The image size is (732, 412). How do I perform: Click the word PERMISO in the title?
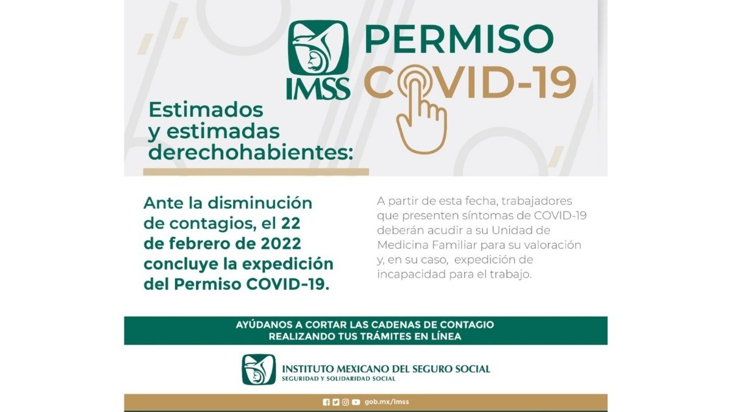(459, 39)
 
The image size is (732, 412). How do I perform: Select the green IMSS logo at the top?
(318, 60)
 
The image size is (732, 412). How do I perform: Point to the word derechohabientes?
(251, 152)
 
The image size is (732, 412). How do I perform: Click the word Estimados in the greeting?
(206, 110)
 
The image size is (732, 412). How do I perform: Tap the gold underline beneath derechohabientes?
(256, 172)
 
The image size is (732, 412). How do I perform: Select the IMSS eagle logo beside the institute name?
(259, 370)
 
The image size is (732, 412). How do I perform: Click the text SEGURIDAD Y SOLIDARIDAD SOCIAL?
(339, 379)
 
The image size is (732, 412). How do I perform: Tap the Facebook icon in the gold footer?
(326, 402)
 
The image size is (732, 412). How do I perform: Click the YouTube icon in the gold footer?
(356, 402)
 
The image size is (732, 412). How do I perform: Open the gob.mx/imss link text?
(387, 402)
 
